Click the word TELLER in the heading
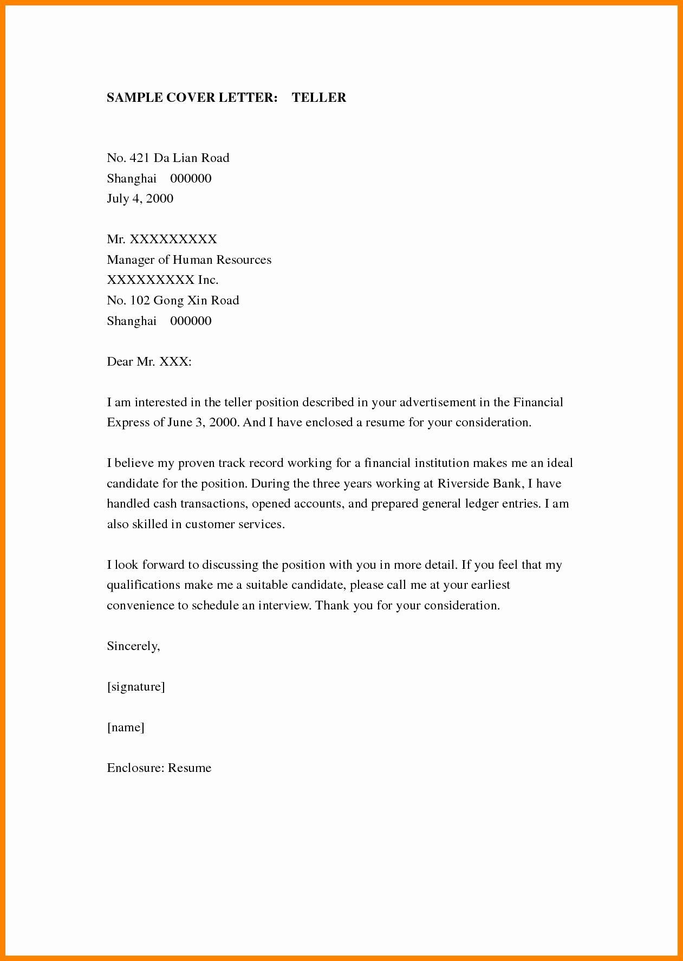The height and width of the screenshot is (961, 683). tap(319, 98)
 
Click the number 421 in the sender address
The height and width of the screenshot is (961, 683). tap(140, 158)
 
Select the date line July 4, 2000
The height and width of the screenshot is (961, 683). tap(140, 199)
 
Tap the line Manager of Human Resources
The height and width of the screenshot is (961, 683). tap(189, 260)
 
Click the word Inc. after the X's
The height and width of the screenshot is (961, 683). tap(208, 280)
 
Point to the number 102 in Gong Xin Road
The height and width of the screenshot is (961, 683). tap(140, 301)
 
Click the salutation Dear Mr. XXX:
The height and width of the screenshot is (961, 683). tap(149, 362)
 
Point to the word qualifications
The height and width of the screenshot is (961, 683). tap(144, 586)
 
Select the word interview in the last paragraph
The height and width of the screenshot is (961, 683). tap(284, 606)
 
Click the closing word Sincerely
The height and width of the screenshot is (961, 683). tap(133, 646)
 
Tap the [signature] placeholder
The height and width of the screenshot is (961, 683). tap(136, 687)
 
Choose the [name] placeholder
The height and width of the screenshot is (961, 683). tap(126, 728)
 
